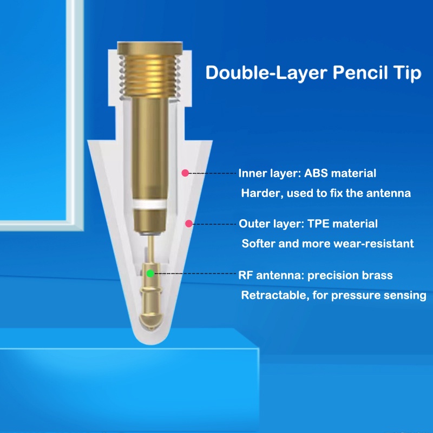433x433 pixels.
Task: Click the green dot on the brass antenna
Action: click(150, 273)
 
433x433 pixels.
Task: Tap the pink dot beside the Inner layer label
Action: click(185, 173)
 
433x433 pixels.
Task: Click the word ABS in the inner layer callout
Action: click(316, 174)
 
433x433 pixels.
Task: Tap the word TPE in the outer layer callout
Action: click(322, 224)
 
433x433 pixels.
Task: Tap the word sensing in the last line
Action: click(406, 296)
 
